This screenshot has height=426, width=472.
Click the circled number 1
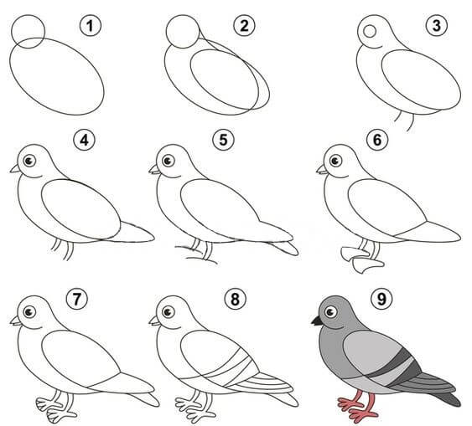tap(91, 26)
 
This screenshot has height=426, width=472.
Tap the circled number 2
tap(244, 26)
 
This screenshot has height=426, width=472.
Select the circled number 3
tap(437, 26)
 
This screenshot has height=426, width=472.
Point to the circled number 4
tap(85, 140)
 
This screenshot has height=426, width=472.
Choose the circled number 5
tap(223, 140)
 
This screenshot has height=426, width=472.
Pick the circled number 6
tap(377, 140)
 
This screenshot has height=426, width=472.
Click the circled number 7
tap(77, 300)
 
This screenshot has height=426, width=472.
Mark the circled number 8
tap(235, 300)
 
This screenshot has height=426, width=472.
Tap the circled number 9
tap(381, 300)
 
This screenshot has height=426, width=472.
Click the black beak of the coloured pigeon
tap(317, 321)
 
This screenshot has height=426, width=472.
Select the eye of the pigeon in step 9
tap(331, 312)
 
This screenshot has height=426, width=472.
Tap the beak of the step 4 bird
tap(15, 169)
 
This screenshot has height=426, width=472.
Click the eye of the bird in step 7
tap(29, 312)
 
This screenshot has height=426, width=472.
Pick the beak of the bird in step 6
tap(322, 169)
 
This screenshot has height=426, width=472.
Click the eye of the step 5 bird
tap(168, 161)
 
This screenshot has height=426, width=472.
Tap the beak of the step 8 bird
tap(154, 321)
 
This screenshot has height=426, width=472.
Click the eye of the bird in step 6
tap(335, 161)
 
